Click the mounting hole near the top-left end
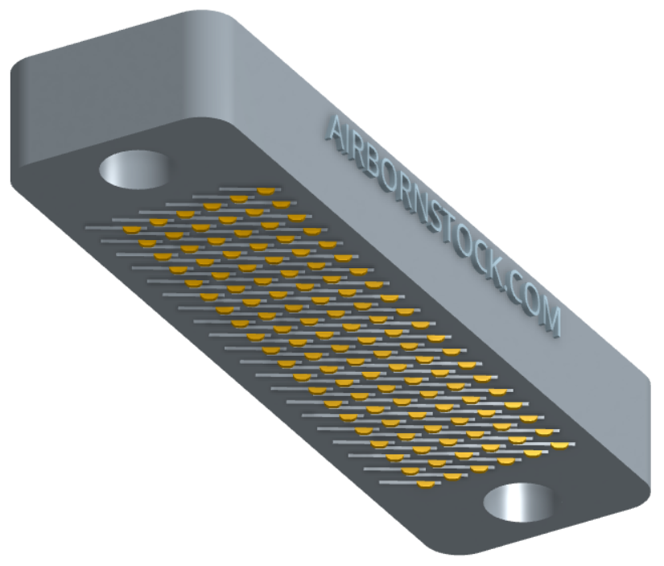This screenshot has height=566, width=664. click(x=134, y=169)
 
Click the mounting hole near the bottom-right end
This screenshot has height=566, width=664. click(x=520, y=502)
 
